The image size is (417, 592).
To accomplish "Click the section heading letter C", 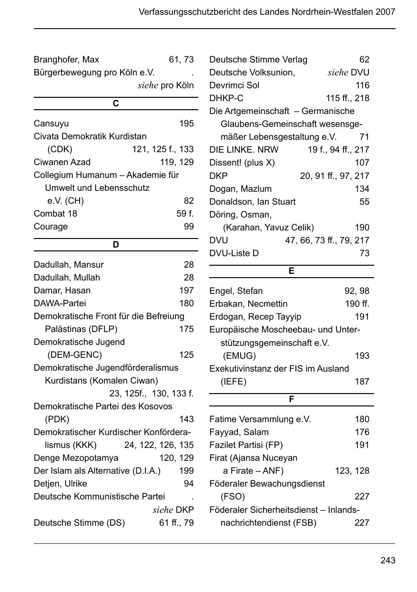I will tap(116, 104).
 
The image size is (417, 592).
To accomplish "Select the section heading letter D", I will tap(116, 245).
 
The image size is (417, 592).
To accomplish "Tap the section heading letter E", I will tap(291, 271).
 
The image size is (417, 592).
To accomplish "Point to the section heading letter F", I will tap(291, 399).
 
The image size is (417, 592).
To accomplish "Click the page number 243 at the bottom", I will tap(387, 561).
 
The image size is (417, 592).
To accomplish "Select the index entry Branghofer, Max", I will tap(66, 60).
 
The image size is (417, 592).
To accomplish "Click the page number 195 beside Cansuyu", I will tap(186, 124).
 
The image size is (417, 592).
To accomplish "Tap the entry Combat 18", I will tap(55, 214).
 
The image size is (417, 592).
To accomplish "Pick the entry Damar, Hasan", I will tap(62, 291).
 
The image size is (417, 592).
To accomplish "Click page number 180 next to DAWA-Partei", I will tap(186, 303).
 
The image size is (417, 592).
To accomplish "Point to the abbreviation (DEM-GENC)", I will tap(74, 355).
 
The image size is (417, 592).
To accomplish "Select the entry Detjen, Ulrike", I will tap(60, 484).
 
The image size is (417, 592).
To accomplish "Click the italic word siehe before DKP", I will tap(163, 510).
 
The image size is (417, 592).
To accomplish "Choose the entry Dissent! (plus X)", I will tap(242, 163).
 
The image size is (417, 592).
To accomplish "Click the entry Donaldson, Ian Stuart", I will tap(252, 202).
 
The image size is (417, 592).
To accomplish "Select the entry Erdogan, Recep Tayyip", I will tap(255, 317).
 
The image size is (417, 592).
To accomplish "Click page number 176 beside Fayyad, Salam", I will tap(362, 432).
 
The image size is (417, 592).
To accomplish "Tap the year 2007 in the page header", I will tap(385, 12).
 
